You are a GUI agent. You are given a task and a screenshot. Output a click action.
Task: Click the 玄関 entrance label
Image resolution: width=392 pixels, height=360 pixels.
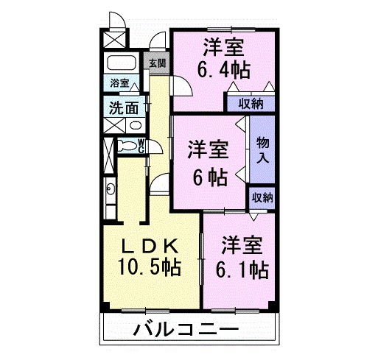[157, 63]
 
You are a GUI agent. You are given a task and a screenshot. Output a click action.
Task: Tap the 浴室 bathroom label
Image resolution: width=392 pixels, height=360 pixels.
[119, 84]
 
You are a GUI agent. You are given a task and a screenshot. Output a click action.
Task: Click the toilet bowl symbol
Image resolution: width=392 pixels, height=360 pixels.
[127, 145]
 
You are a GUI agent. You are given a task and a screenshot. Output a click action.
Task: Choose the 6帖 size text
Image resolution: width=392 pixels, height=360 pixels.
[206, 176]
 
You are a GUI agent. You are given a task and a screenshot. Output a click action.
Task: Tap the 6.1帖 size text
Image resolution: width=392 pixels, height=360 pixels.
[241, 269]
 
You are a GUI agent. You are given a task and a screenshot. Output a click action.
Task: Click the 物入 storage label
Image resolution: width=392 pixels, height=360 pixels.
[262, 150]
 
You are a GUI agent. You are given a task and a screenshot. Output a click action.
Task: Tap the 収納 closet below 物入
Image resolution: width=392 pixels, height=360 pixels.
[262, 197]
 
